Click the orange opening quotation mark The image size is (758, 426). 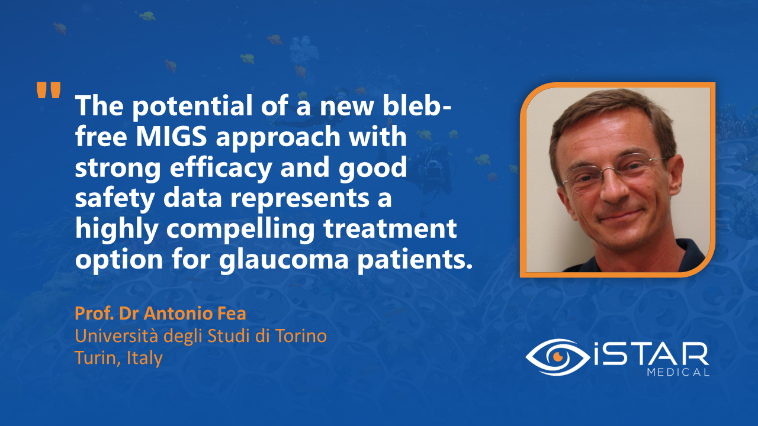pos(49,90)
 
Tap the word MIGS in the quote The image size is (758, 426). pos(171,136)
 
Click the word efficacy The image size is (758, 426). pos(221,167)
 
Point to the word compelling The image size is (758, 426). pos(240,229)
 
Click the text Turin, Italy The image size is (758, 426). pos(118,358)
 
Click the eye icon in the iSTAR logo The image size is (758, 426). pos(558,357)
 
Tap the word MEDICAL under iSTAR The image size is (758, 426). pos(678,372)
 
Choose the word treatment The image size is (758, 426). pos(390,229)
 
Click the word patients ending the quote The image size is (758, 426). pos(415,260)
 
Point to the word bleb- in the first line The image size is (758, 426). pos(417,105)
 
